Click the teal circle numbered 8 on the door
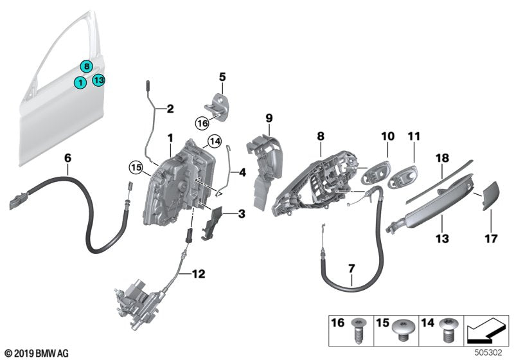tap(85, 66)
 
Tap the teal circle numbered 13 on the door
tap(98, 80)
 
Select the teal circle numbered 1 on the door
tap(79, 82)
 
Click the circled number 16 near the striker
tap(203, 122)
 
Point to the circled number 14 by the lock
tap(214, 142)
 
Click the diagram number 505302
tap(491, 352)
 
